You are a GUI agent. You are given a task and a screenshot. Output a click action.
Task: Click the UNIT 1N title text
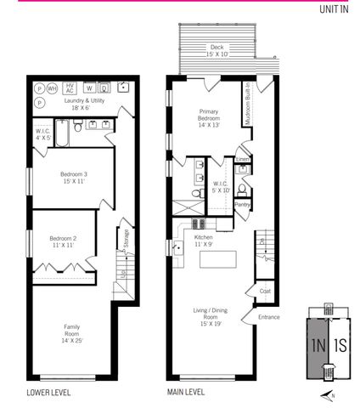334,9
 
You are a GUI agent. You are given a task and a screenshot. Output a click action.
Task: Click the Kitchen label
204,241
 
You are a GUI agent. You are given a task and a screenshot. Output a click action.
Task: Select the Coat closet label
263,292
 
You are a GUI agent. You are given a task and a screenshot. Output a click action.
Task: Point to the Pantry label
242,204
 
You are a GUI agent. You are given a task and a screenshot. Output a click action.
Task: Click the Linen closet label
243,159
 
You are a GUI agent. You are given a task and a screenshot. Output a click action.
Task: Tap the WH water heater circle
52,88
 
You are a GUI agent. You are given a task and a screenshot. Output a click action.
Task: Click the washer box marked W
88,88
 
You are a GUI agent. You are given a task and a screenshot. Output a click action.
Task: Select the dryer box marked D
104,88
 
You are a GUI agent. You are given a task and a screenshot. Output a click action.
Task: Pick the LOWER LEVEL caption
48,393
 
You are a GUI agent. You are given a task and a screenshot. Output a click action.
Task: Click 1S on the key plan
339,346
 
